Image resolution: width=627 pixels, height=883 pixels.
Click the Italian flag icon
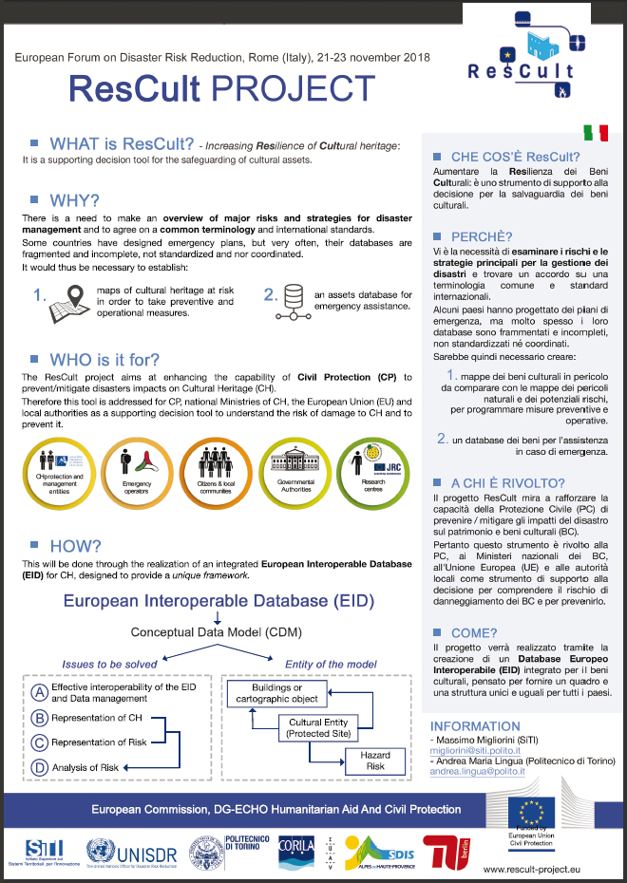[x=596, y=132]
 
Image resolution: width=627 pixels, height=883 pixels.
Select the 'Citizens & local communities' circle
[x=216, y=473]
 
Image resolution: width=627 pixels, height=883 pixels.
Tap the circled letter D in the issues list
[x=40, y=767]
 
